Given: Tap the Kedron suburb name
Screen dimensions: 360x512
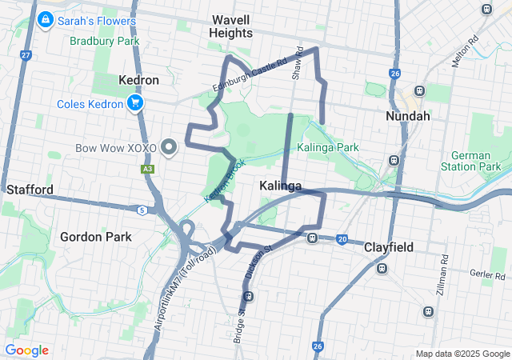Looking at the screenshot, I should (138, 81).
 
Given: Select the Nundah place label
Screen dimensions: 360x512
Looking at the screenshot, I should (408, 116).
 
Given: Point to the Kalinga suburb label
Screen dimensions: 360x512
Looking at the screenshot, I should (281, 186).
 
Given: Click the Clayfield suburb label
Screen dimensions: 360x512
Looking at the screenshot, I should (389, 247).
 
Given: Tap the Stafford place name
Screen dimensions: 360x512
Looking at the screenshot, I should (30, 190).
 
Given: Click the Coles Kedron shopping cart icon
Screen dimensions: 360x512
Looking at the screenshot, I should (134, 104).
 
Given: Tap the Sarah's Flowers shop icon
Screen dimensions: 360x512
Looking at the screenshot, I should (46, 18).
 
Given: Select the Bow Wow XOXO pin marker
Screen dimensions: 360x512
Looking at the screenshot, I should (169, 148).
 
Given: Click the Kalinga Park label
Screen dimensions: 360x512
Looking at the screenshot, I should (327, 147).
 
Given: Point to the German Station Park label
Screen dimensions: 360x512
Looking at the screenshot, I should (475, 160).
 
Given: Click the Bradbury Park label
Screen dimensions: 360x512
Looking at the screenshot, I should (104, 41).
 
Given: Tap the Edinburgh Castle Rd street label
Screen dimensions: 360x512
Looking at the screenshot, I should (249, 76).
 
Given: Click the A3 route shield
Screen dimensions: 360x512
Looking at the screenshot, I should (147, 169).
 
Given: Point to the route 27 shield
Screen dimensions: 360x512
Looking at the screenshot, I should (26, 55).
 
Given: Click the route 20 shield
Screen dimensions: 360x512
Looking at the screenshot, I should (342, 239).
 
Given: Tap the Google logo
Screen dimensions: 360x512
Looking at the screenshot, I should (26, 350).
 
